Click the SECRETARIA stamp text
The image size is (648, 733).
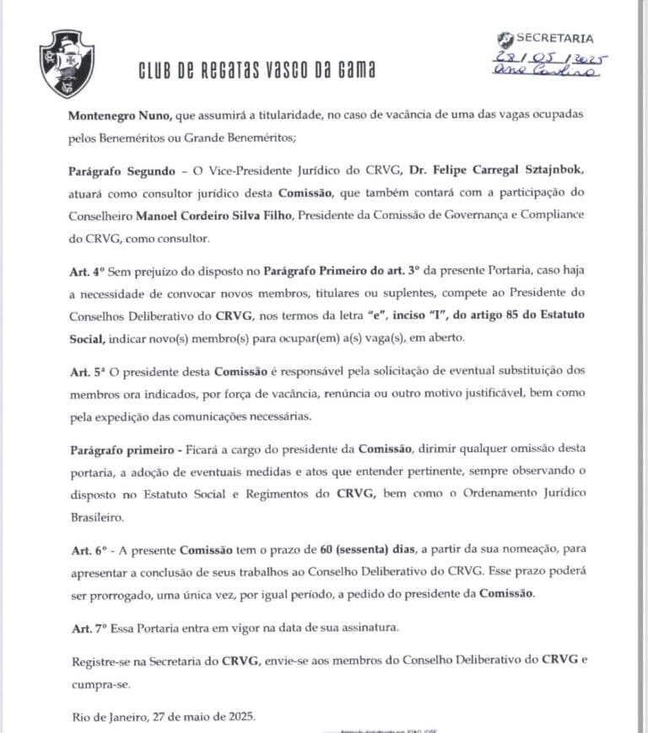point(553,38)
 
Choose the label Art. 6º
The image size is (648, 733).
point(87,552)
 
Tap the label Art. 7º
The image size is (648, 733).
point(87,629)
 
